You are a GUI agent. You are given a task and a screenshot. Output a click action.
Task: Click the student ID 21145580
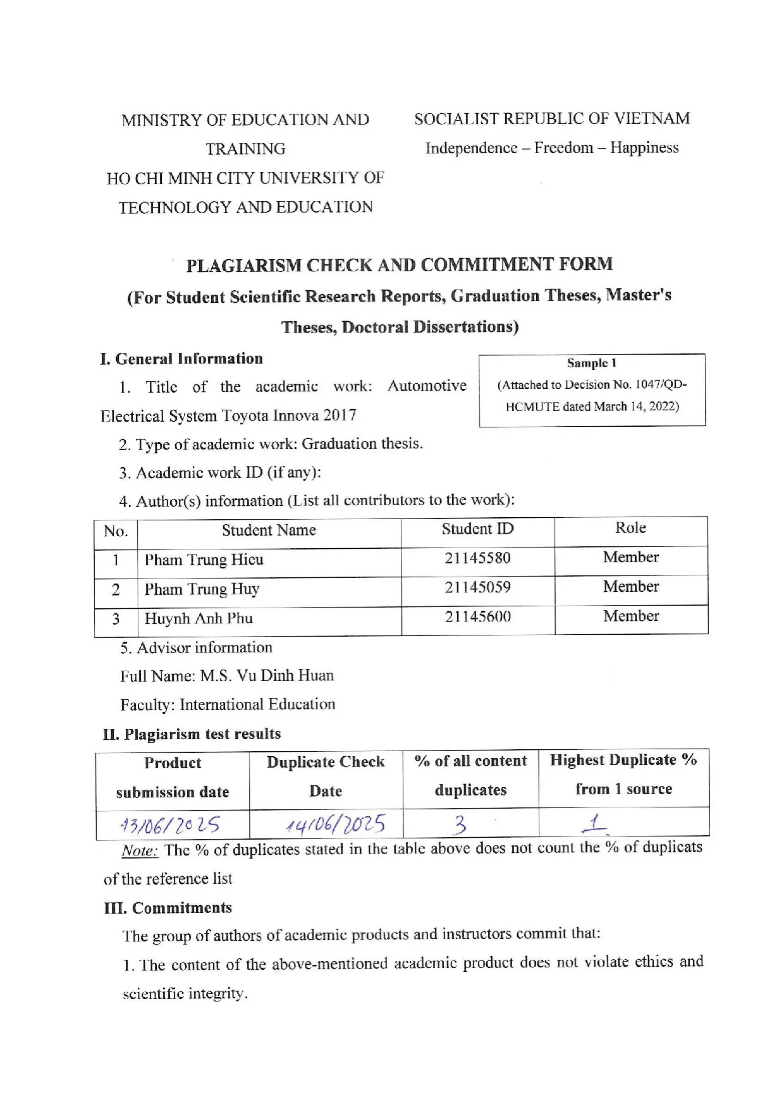click(x=477, y=558)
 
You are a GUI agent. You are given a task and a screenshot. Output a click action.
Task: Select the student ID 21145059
click(x=477, y=587)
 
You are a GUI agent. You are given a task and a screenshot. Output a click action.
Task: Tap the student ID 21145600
click(x=477, y=616)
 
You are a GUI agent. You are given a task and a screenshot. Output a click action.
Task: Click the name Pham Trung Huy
click(x=202, y=589)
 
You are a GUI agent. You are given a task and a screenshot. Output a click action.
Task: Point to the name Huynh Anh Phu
click(x=199, y=618)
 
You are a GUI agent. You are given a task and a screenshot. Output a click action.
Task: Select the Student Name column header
click(x=269, y=530)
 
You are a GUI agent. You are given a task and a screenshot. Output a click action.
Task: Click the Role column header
click(x=630, y=528)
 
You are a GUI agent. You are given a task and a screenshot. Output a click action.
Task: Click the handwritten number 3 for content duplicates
click(x=461, y=824)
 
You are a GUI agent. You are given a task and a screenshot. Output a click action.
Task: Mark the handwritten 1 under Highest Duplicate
click(x=594, y=821)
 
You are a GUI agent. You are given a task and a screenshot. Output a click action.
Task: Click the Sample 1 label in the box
click(x=591, y=363)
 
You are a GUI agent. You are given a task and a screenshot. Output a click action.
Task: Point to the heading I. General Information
click(x=181, y=359)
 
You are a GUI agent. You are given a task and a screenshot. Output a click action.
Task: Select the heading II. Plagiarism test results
click(x=192, y=734)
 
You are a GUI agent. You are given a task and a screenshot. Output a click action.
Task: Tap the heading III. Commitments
click(x=168, y=908)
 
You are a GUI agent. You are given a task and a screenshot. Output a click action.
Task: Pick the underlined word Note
click(x=139, y=851)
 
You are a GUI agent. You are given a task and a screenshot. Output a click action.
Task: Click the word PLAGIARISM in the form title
click(x=243, y=266)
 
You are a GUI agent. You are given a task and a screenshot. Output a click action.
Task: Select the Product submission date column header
click(x=173, y=777)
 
